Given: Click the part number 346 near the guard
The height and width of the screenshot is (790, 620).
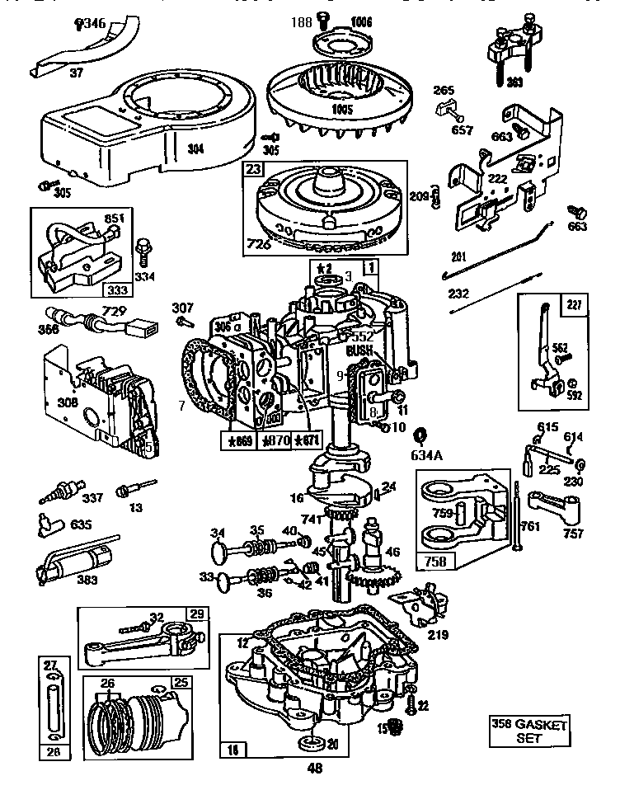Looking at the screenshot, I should point(92,25).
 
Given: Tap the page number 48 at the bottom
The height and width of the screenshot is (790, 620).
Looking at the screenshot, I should point(314,769).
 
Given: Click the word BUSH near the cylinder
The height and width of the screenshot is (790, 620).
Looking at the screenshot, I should point(359,350).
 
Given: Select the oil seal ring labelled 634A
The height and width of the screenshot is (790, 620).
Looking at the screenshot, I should point(420,435).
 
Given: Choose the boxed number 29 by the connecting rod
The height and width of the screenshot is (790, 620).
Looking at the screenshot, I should point(196,614).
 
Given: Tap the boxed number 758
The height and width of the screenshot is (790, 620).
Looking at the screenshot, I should point(436,561).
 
